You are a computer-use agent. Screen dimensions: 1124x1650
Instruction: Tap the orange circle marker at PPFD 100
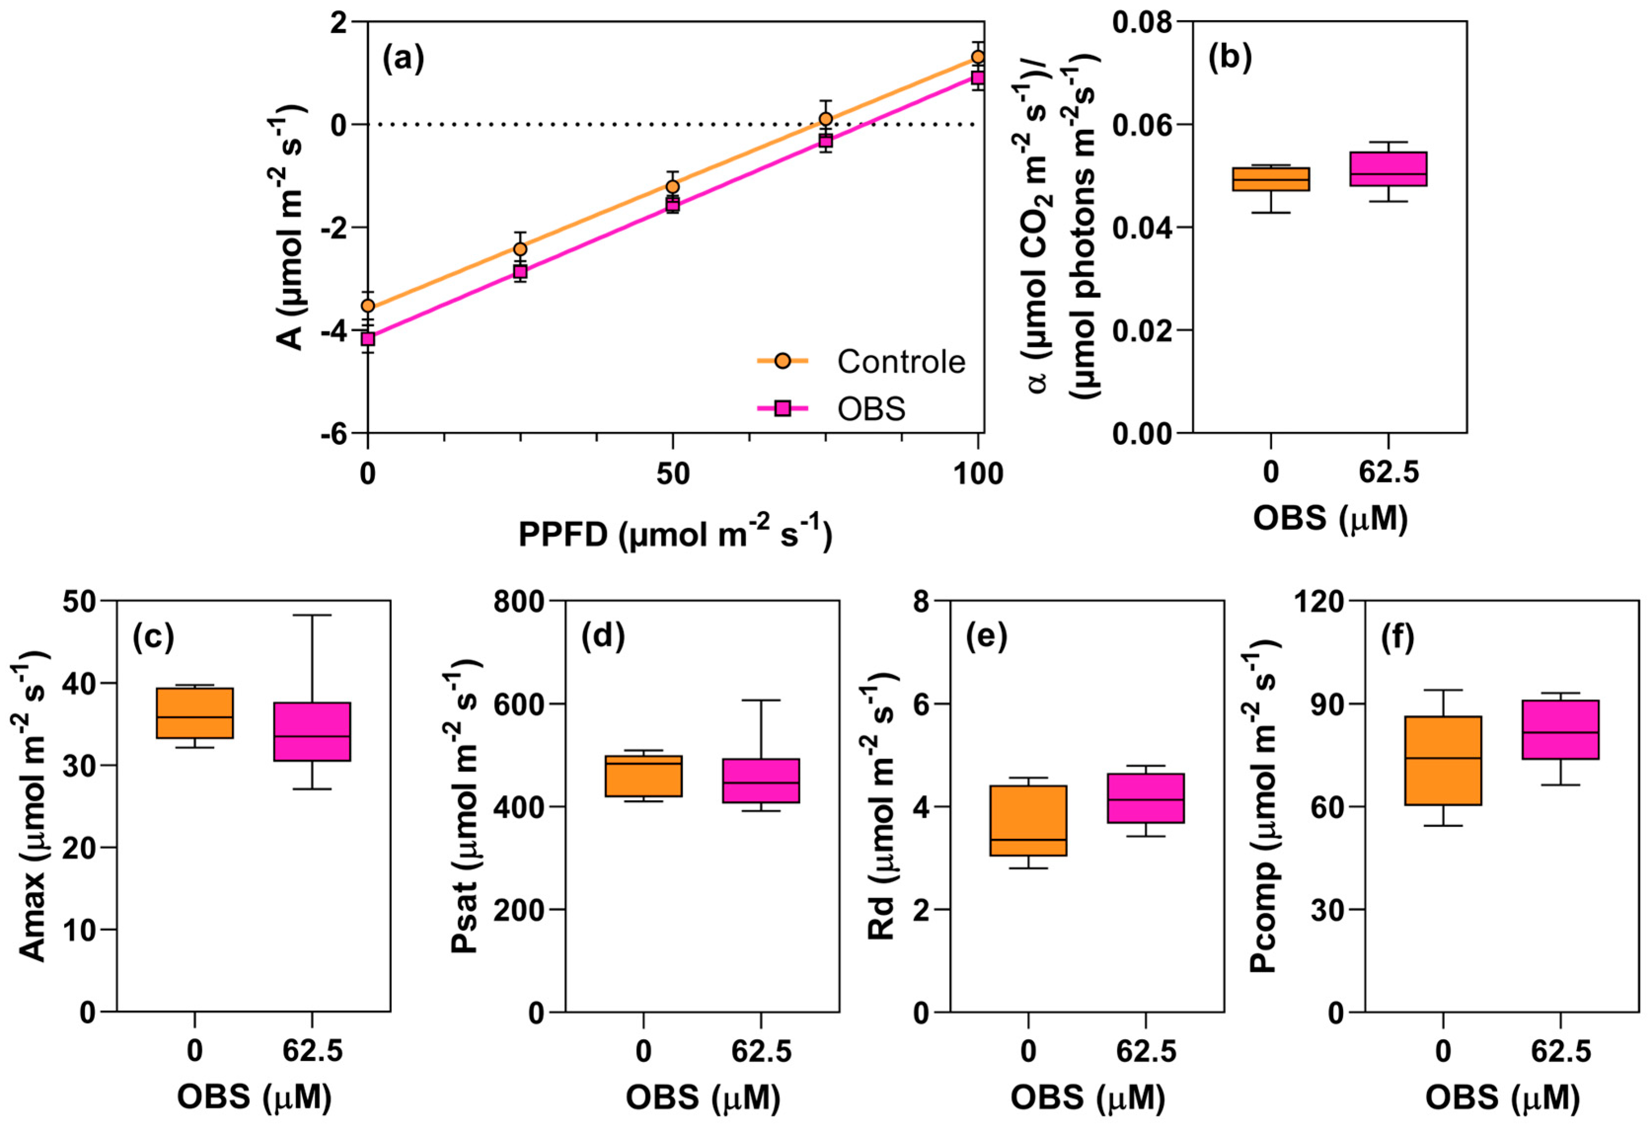tap(978, 57)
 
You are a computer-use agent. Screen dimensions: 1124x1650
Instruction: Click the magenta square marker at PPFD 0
tap(368, 339)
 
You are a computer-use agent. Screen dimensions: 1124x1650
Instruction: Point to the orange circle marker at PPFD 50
tap(672, 187)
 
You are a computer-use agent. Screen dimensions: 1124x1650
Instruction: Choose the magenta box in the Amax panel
tap(312, 731)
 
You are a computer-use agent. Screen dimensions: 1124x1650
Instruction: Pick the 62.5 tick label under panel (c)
tap(312, 1051)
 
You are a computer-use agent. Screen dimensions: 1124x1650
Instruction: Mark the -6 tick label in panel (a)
tap(334, 434)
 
